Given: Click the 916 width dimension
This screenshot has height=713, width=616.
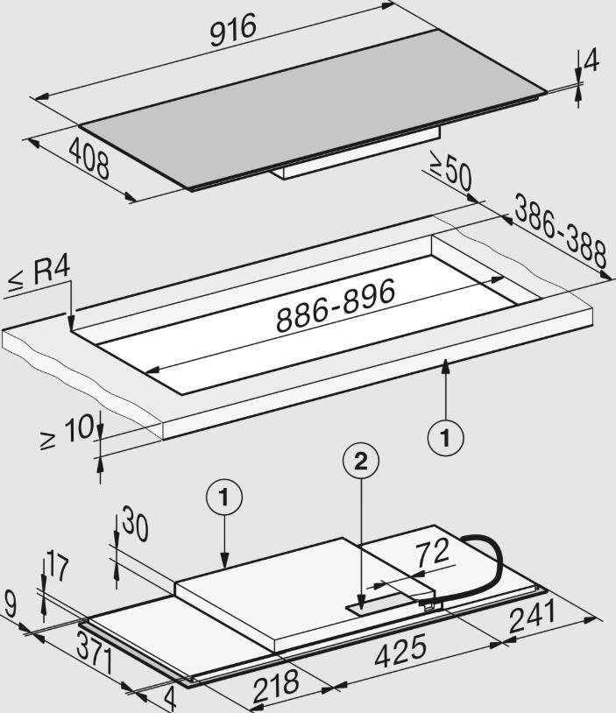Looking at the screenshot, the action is click(233, 30).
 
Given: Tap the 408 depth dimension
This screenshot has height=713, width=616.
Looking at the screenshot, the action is click(89, 159).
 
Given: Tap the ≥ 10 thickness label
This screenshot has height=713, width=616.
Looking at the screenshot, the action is click(67, 431).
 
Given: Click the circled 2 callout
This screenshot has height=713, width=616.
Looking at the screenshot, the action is click(361, 462).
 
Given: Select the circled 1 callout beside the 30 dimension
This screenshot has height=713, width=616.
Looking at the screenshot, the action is click(224, 498).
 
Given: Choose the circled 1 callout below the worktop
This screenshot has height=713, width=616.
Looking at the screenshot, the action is click(446, 438).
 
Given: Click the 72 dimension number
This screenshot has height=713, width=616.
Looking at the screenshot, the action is click(432, 554).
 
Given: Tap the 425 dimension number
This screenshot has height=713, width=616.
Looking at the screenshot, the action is click(400, 651).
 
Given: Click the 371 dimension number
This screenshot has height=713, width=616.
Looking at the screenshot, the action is click(95, 654).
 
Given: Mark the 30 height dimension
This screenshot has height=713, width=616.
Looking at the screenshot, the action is click(135, 526).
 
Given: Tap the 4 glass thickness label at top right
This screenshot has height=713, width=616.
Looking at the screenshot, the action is click(591, 62).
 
